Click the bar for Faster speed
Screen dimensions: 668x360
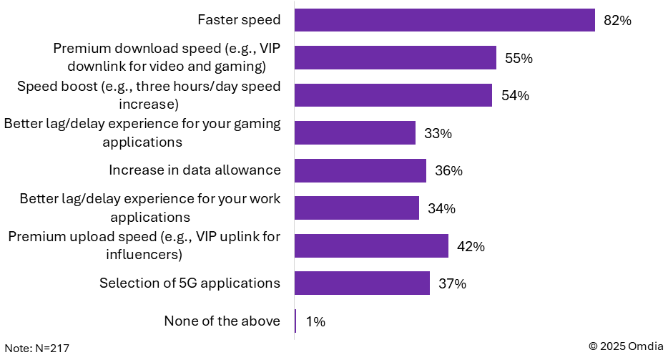[445, 20]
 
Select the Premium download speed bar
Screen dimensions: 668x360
[396, 57]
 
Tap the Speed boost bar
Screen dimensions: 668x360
[393, 95]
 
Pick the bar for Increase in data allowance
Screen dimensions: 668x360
[360, 170]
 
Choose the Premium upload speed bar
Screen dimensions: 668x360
[371, 245]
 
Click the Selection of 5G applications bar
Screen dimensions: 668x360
[362, 283]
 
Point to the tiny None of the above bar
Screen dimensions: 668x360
[295, 321]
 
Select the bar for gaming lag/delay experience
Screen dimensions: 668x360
[355, 132]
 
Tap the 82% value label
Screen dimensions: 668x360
[617, 21]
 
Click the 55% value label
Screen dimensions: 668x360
[519, 58]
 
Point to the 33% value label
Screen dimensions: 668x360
[438, 134]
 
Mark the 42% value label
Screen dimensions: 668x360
[471, 246]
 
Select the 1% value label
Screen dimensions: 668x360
[315, 321]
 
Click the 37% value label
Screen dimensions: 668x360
[453, 283]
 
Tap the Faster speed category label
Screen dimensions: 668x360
[239, 19]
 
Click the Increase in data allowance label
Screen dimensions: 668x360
[195, 170]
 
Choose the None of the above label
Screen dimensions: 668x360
[222, 321]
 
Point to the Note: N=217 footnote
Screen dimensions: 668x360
[37, 349]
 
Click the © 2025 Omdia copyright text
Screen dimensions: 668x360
[626, 346]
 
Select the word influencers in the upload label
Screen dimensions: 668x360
[144, 255]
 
